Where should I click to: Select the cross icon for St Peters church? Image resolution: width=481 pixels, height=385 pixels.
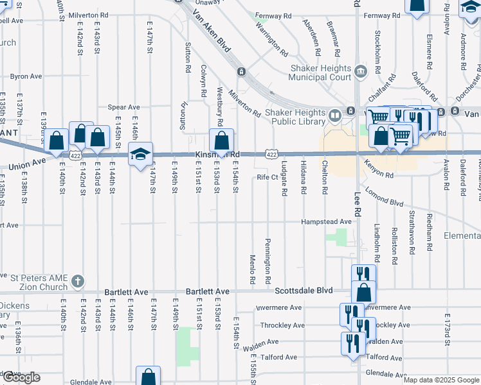click(77, 281)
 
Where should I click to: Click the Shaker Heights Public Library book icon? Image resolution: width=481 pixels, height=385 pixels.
click(334, 116)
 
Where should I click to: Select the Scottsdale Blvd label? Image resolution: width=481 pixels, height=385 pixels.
click(304, 291)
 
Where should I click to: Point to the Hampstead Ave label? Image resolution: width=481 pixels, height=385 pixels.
click(327, 221)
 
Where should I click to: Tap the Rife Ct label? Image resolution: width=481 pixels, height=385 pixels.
click(266, 177)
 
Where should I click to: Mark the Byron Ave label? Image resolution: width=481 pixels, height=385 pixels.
click(26, 76)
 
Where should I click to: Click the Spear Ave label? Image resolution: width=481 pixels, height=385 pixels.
click(124, 107)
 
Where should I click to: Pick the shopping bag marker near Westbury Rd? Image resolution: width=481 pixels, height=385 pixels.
click(221, 141)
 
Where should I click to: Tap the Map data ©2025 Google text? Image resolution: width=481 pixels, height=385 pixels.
click(441, 380)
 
